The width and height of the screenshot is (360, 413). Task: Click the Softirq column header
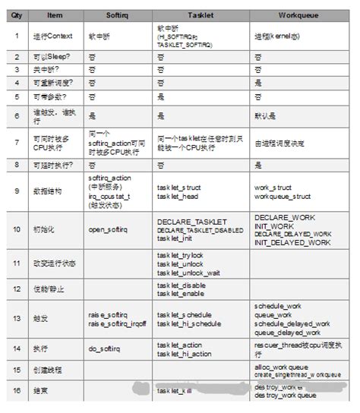pyautogui.click(x=117, y=14)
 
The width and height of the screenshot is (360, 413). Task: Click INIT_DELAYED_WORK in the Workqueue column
pyautogui.click(x=292, y=242)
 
